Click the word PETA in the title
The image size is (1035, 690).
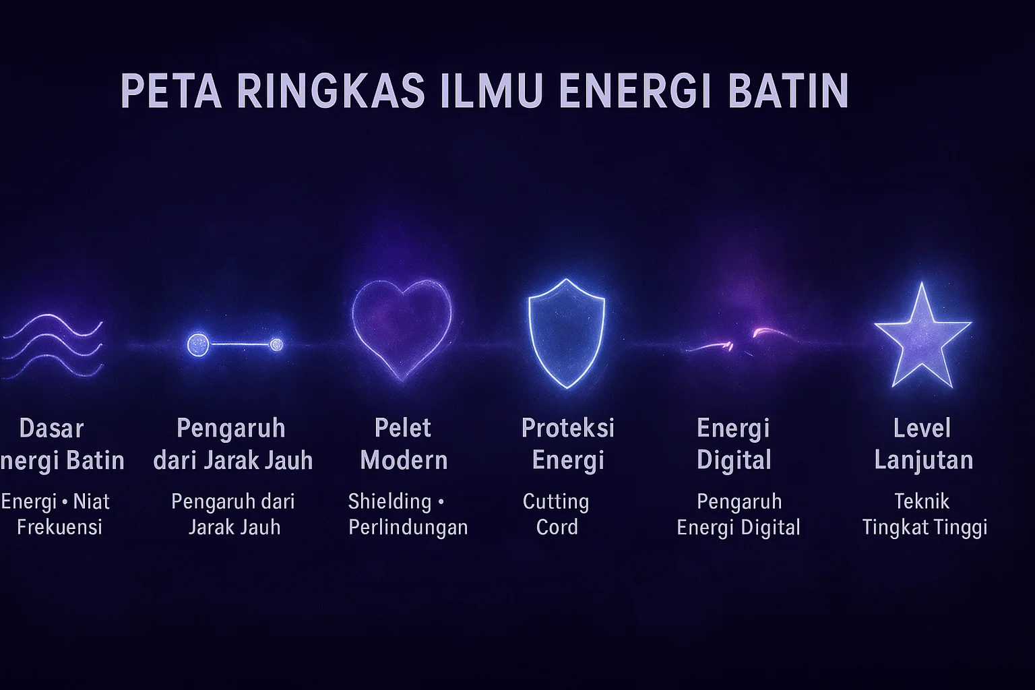171,91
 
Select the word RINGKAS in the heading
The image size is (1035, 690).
331,91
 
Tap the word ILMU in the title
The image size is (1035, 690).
491,91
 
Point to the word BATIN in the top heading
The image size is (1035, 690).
788,91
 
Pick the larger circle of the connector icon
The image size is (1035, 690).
197,345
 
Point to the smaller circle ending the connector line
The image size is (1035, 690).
276,345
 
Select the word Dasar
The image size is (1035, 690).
52,429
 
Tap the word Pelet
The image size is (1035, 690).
403,428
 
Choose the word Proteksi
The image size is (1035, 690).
568,428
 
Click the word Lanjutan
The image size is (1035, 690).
924,460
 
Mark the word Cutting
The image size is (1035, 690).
556,502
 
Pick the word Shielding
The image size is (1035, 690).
389,502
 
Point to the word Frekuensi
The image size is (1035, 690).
59,527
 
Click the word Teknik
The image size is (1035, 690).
922,501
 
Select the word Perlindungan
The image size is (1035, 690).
408,527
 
